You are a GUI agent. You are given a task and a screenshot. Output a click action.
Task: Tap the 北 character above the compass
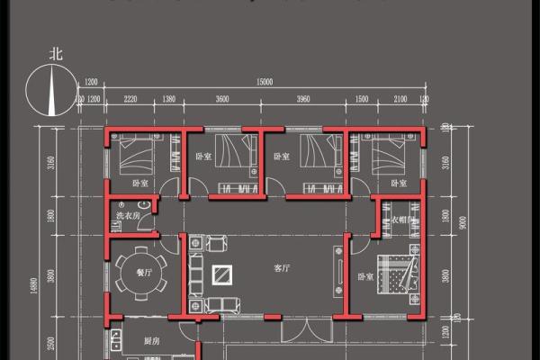[x=56, y=54]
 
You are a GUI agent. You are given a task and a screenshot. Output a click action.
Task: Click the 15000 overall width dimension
[x=265, y=82]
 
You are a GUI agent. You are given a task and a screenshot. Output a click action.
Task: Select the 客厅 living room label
[x=282, y=268]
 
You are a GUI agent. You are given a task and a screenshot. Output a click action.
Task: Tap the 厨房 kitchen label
[x=152, y=342]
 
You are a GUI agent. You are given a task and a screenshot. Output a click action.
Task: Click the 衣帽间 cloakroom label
[x=400, y=220]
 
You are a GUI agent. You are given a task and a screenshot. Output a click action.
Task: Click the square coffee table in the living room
[x=221, y=276]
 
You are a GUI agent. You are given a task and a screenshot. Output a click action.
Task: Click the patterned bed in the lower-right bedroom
[x=397, y=278]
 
